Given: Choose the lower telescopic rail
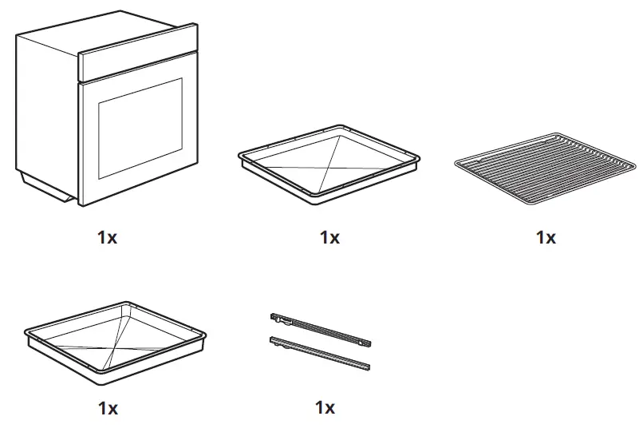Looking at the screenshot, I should point(319,352).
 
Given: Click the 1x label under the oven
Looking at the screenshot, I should point(107,237).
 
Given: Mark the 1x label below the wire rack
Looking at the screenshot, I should point(546,237).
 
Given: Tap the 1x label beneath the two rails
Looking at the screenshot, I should point(325,408).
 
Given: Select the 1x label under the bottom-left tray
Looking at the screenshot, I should point(108,408).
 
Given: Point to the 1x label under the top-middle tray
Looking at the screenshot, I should point(329,237).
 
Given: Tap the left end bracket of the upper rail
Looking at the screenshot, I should point(276,318).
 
